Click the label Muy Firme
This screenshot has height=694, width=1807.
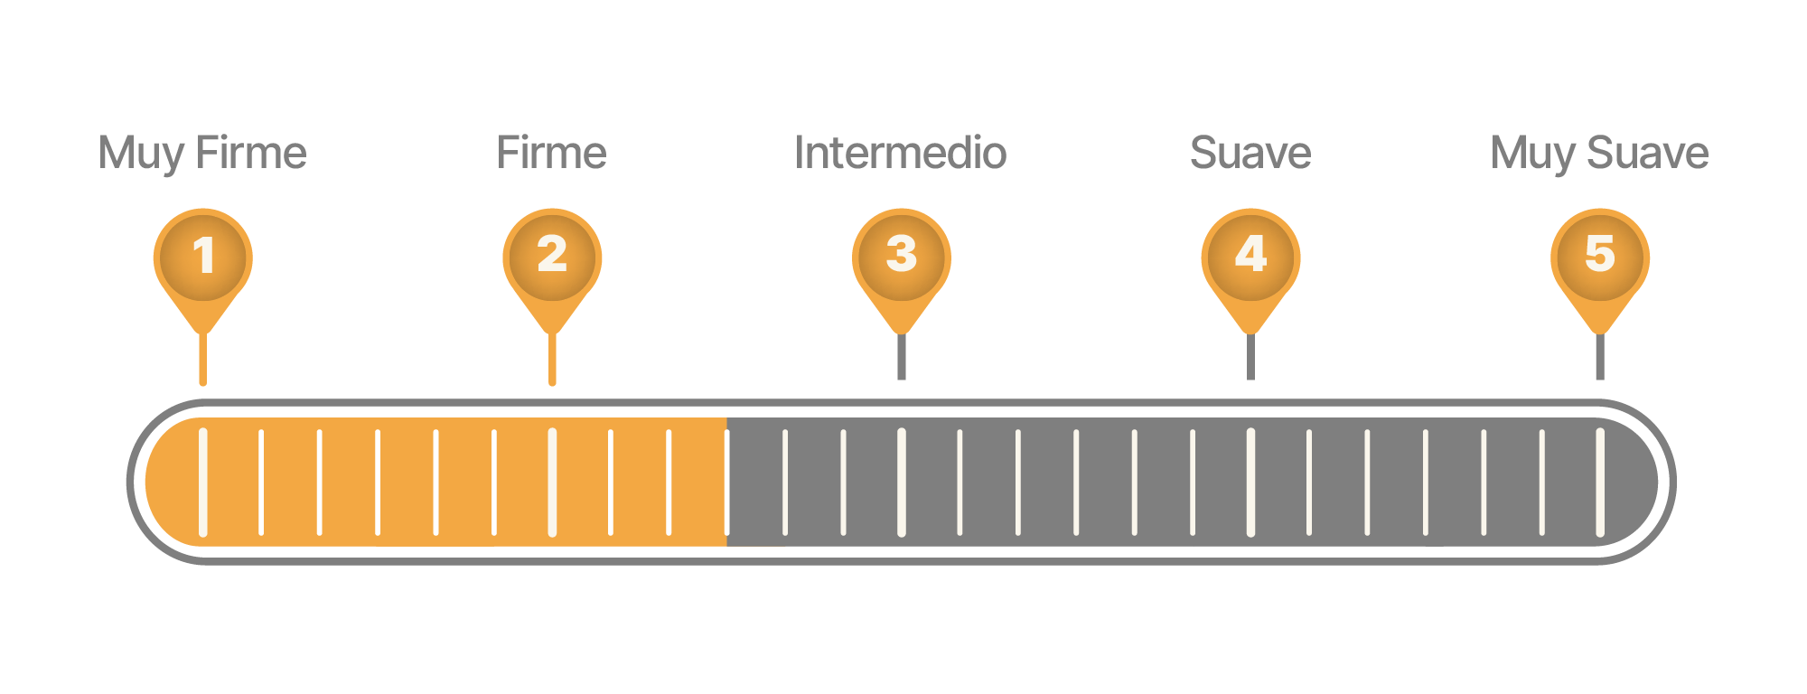click(x=202, y=153)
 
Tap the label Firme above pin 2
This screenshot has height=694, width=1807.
click(x=551, y=153)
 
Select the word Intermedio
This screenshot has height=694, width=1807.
click(x=900, y=153)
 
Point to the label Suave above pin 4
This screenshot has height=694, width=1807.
click(x=1250, y=153)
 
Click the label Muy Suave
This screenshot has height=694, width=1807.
click(x=1599, y=153)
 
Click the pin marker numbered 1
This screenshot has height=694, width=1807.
click(x=203, y=258)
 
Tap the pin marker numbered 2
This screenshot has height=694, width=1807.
click(x=552, y=258)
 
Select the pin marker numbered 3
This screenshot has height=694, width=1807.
click(x=902, y=258)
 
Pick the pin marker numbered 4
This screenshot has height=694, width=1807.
click(x=1250, y=258)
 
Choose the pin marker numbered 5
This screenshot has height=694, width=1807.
click(x=1600, y=258)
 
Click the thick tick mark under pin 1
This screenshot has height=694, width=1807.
click(x=203, y=482)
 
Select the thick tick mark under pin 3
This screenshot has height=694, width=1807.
click(x=902, y=482)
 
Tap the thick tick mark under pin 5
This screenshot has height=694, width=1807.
click(x=1600, y=482)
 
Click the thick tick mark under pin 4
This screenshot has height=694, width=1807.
click(x=1250, y=482)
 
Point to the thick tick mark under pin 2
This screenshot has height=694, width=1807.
click(x=552, y=482)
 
